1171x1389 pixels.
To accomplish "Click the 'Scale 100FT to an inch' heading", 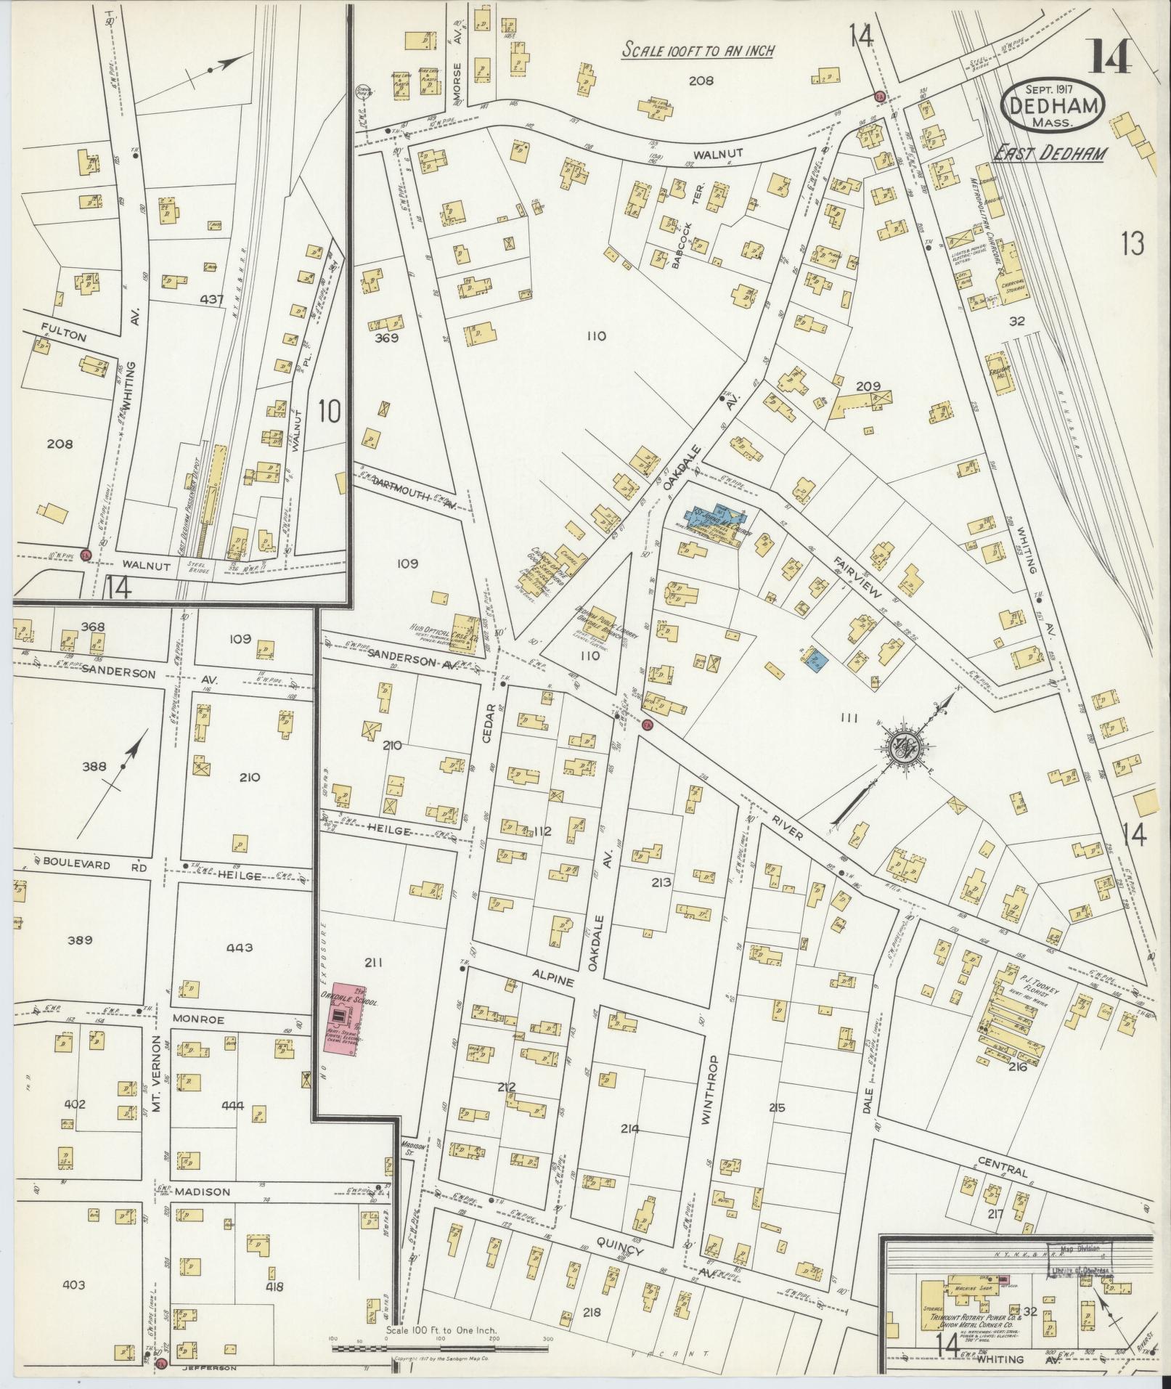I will coord(698,50).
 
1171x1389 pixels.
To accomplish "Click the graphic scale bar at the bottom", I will coord(441,1348).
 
